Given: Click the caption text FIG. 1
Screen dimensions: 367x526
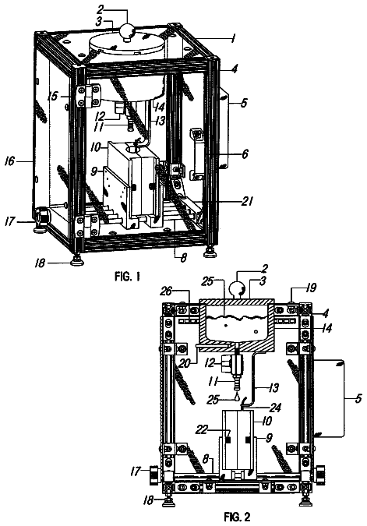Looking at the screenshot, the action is [127, 277].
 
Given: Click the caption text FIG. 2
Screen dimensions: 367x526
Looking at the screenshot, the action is [238, 517].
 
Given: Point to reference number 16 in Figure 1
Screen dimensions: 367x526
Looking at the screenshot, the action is [9, 161].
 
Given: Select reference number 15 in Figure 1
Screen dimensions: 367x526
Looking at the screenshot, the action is [53, 96].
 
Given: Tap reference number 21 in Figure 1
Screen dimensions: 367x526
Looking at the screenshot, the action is [246, 201].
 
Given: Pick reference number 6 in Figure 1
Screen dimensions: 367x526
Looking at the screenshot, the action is [245, 154].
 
